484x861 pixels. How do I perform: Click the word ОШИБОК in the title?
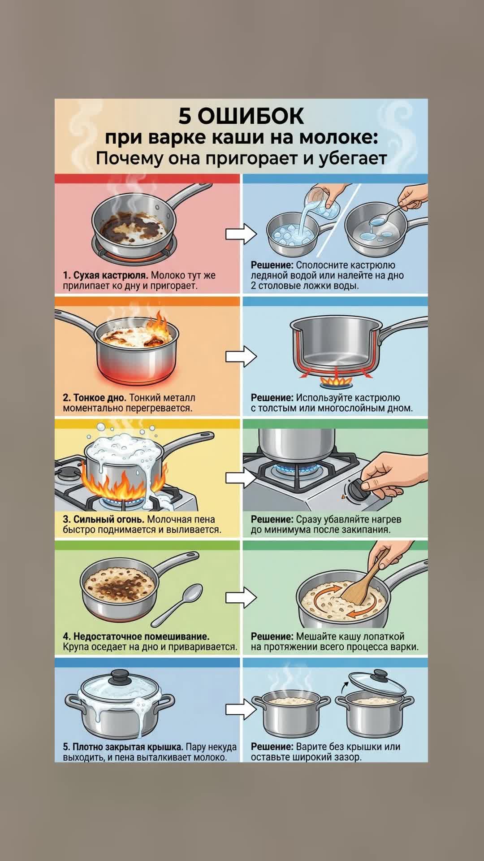251,116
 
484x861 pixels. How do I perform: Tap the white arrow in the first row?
241,234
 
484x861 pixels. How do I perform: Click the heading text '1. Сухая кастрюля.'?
106,275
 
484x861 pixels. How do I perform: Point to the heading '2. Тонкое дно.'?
95,397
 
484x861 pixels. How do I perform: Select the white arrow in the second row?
241,356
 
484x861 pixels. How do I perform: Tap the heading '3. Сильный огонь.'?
104,519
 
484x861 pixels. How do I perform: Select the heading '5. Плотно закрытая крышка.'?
123,747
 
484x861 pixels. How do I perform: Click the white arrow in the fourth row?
241,598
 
